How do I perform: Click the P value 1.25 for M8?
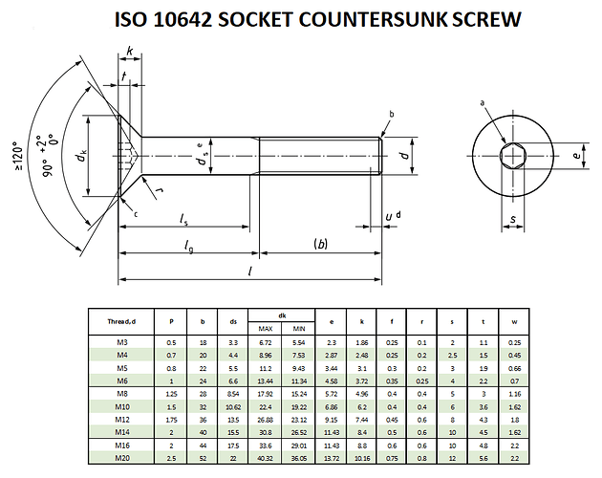pos(172,392)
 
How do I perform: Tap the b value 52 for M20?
pos(203,457)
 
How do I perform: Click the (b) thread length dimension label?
pos(320,245)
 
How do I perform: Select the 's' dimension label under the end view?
pos(513,221)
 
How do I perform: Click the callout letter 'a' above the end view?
pos(484,102)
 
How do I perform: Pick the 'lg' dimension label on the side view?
pos(189,247)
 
